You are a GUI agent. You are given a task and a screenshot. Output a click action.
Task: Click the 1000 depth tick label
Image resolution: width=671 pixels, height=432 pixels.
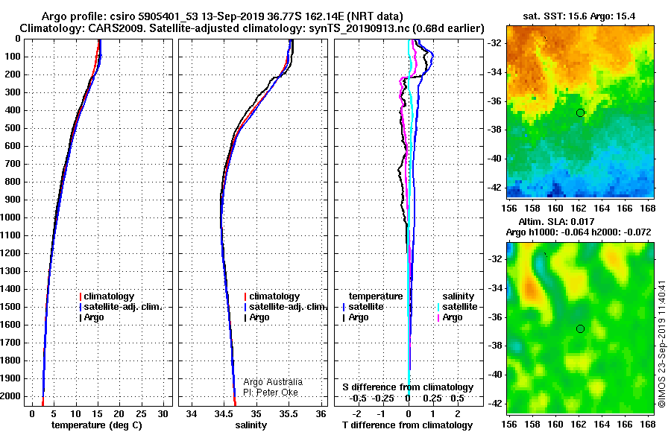pos(10,217)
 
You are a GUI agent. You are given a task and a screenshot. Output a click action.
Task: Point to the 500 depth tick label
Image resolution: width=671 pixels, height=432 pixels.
pos(13,128)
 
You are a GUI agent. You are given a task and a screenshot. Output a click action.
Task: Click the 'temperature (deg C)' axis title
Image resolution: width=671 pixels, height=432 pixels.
pos(97,425)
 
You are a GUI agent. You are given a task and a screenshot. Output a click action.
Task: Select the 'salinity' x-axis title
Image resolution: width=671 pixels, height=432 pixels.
pos(251,425)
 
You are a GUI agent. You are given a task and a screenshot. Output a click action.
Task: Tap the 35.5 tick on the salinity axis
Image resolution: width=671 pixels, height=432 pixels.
pos(288,414)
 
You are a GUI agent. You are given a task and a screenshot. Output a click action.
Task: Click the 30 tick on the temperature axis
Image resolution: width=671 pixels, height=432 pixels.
pos(163,414)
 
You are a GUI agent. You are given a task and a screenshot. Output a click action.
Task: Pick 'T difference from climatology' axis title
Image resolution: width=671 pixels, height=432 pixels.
pos(407,425)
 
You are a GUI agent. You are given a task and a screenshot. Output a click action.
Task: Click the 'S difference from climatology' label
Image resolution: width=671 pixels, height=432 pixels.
pos(408,387)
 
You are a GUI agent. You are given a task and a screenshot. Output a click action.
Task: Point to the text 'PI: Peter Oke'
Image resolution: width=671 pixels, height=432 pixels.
pos(271,393)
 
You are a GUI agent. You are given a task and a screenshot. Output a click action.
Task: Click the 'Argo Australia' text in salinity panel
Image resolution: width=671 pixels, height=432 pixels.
pos(273,382)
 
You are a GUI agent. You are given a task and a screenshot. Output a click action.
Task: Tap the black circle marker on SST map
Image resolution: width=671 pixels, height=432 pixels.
pos(580,113)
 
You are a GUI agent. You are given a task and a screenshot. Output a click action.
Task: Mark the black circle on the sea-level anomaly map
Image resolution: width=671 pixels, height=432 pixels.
pos(580,329)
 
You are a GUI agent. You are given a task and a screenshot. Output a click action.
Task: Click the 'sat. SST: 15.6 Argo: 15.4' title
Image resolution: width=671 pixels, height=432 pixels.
pos(579,16)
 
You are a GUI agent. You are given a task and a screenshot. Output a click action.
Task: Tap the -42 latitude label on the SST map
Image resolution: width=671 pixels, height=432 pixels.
pos(496,188)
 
